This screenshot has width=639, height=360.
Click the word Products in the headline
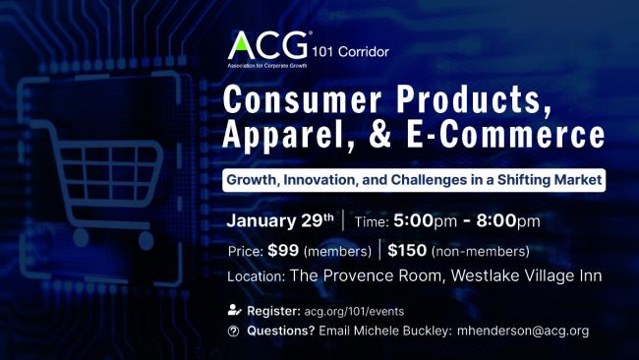[x=460, y=101]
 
